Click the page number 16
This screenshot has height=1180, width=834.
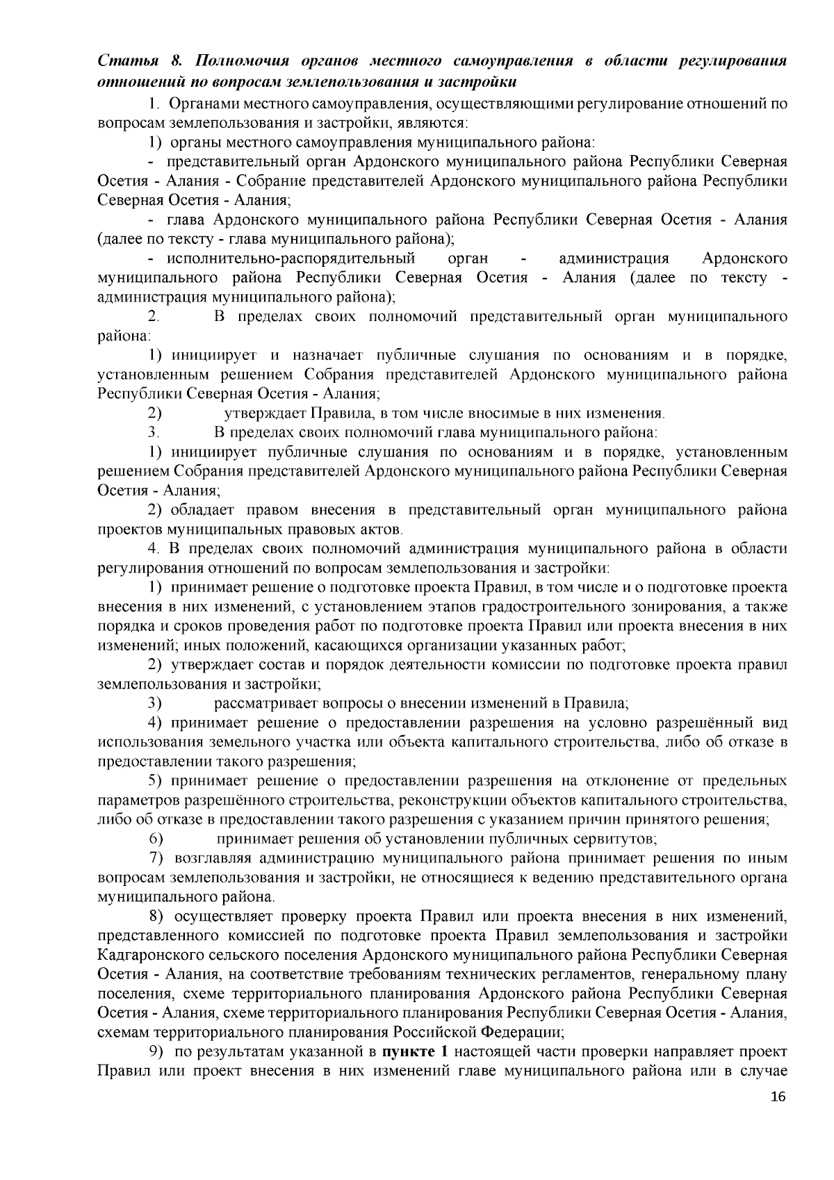point(778,1117)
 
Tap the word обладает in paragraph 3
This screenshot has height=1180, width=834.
point(201,510)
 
